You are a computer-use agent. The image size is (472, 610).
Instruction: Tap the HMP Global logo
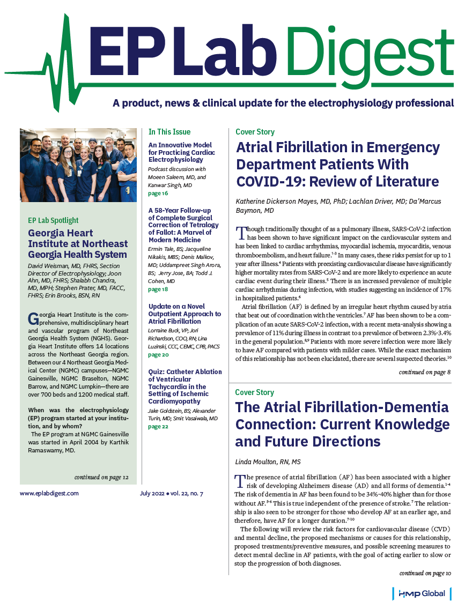(422, 593)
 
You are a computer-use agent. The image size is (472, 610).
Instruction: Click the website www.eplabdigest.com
(49, 493)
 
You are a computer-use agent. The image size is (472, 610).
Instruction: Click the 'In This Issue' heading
(169, 131)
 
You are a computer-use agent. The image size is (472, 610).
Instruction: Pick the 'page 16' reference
(158, 193)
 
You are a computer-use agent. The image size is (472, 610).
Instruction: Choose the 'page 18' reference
(158, 289)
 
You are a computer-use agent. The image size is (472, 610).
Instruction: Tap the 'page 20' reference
(158, 355)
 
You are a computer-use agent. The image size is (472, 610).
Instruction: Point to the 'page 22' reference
(158, 427)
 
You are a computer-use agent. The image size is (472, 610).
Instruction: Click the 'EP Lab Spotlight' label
(53, 220)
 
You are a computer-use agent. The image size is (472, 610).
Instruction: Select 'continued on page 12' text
(101, 477)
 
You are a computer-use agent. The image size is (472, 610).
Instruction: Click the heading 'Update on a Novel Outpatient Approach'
(184, 314)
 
